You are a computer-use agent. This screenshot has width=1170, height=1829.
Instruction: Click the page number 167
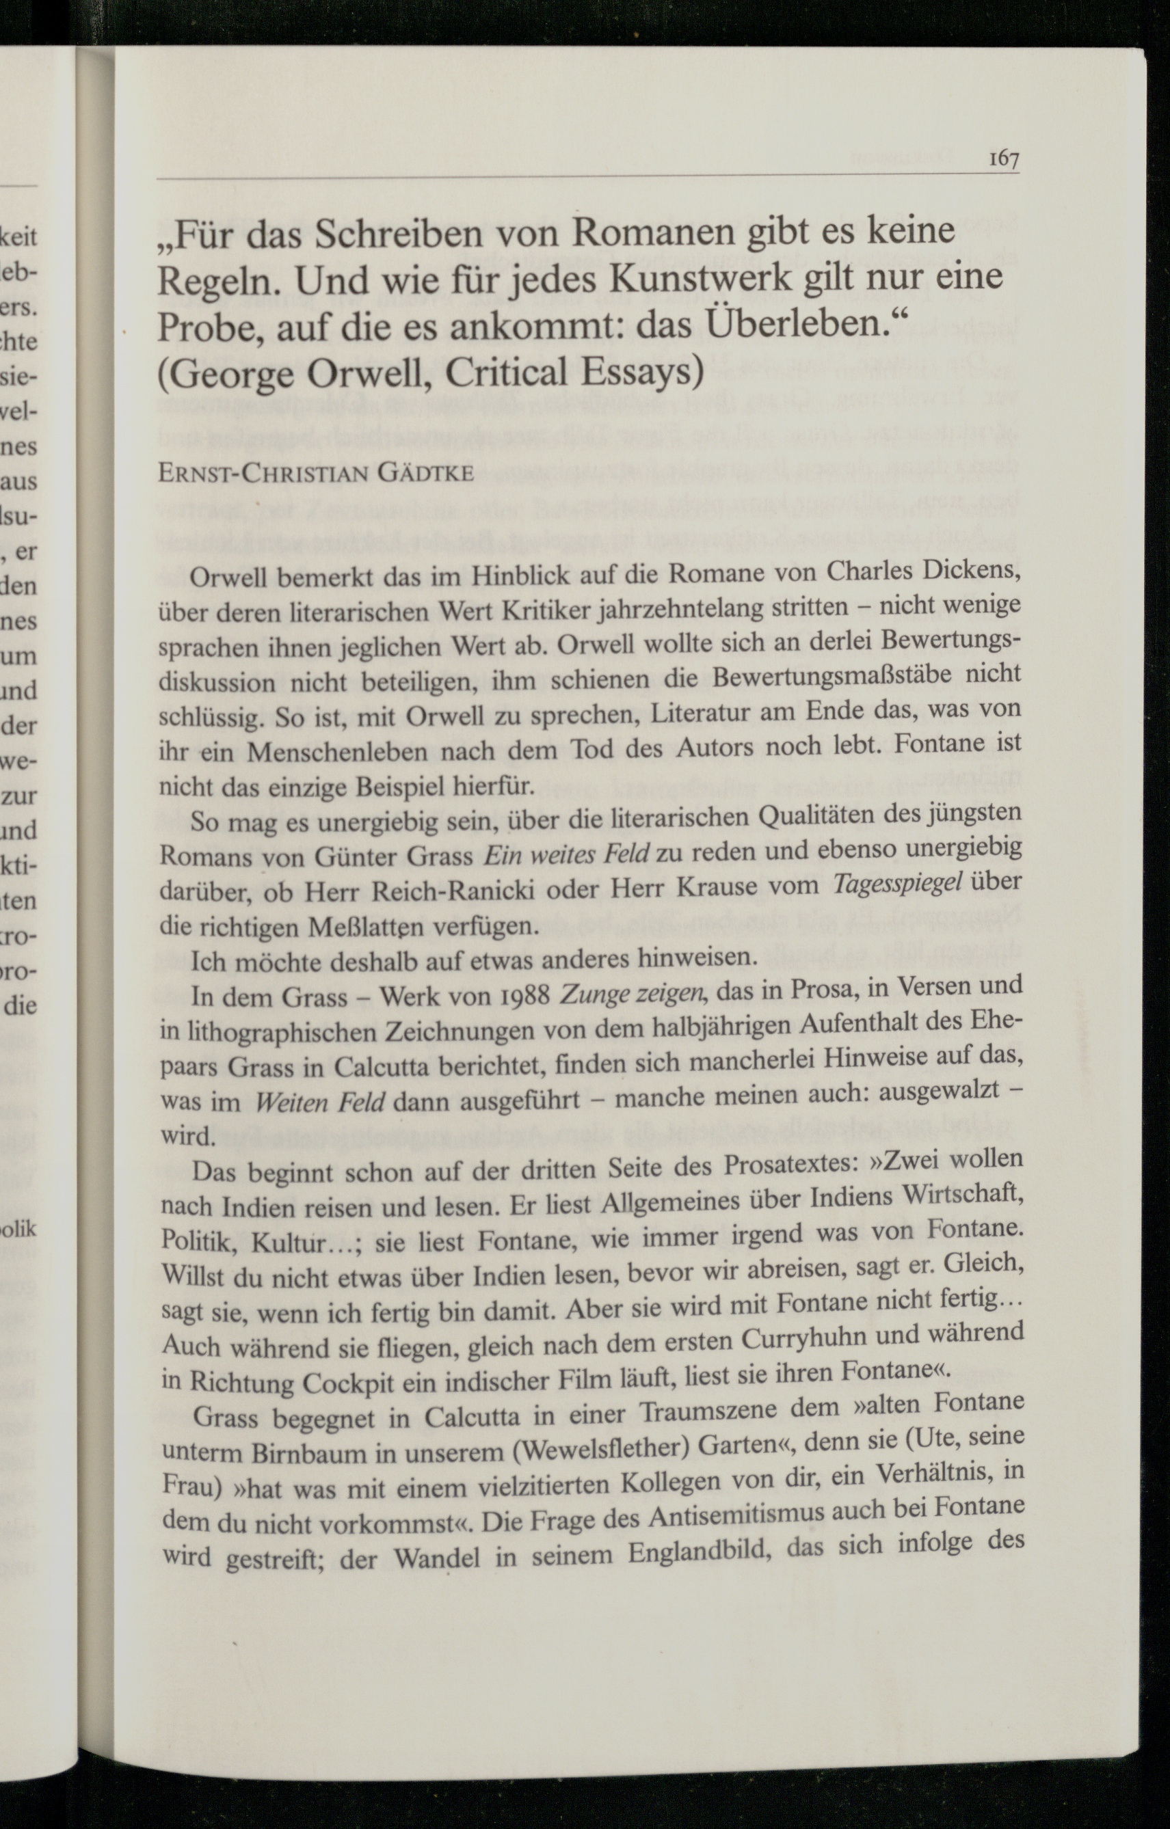click(x=1003, y=159)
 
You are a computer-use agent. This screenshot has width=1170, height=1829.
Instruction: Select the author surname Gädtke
click(x=426, y=474)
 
